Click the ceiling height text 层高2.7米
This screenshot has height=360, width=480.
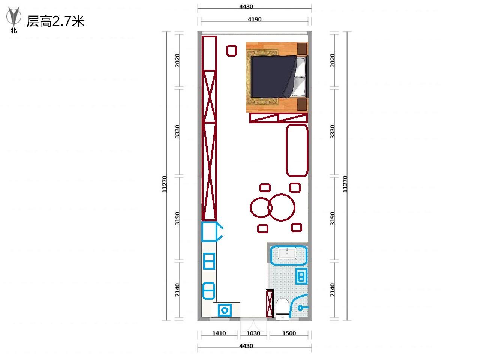pyautogui.click(x=55, y=21)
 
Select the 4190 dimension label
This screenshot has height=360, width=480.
pyautogui.click(x=255, y=19)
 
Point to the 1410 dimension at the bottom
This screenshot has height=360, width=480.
pyautogui.click(x=219, y=333)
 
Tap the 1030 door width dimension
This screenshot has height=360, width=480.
pyautogui.click(x=253, y=333)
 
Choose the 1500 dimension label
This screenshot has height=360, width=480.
pyautogui.click(x=289, y=333)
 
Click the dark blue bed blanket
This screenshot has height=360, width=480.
pyautogui.click(x=274, y=76)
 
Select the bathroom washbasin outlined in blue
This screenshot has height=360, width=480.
pyautogui.click(x=289, y=255)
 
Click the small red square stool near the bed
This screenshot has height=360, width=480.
pyautogui.click(x=232, y=51)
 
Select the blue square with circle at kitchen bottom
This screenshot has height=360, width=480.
pyautogui.click(x=225, y=310)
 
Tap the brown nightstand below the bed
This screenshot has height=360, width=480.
pyautogui.click(x=302, y=105)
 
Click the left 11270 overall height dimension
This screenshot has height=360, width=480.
pyautogui.click(x=164, y=184)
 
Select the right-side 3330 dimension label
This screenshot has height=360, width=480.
pyautogui.click(x=332, y=132)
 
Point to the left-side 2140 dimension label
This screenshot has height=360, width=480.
pyautogui.click(x=177, y=290)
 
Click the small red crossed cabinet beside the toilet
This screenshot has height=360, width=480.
pyautogui.click(x=270, y=303)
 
